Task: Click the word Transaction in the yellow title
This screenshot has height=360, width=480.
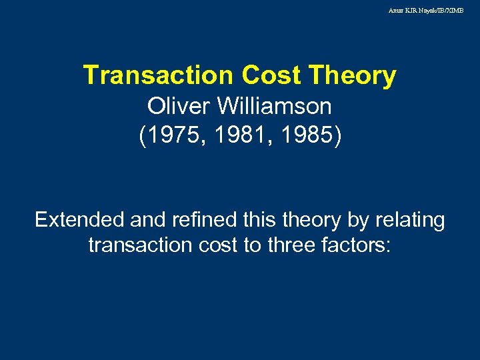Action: point(158,75)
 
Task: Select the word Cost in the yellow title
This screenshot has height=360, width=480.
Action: point(270,75)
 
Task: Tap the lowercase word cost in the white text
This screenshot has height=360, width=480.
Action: point(217,245)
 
